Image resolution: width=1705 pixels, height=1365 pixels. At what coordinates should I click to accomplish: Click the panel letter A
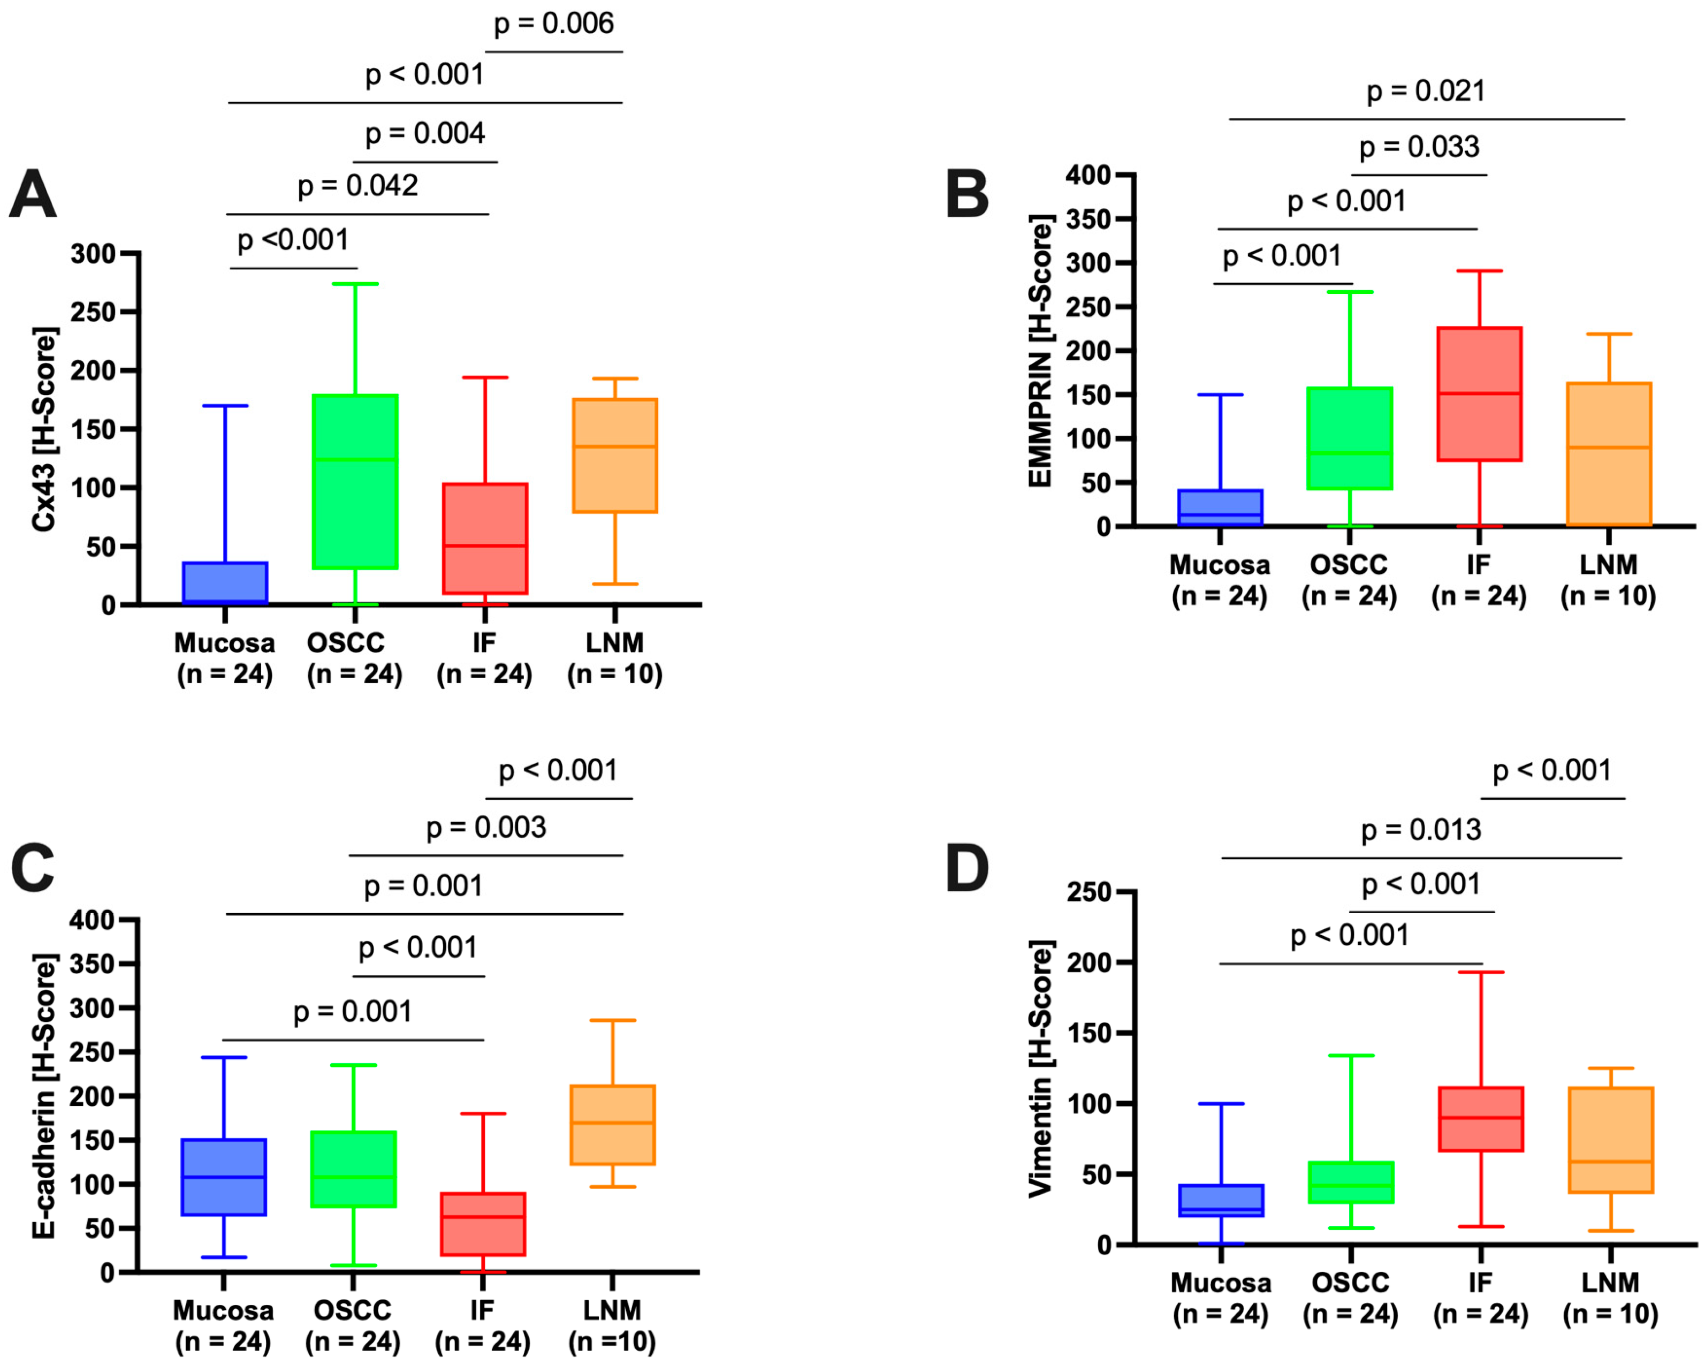coord(33,194)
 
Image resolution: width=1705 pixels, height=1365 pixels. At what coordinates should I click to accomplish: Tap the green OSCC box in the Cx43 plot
coord(355,482)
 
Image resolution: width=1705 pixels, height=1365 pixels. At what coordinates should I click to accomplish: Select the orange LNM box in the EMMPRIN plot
coord(1609,454)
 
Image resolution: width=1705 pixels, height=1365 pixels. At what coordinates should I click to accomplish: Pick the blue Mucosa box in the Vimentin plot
coord(1221,1201)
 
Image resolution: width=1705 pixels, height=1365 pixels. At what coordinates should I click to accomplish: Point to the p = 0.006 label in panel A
coord(553,24)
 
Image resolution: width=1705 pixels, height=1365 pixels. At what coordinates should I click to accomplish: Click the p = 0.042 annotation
coord(357,186)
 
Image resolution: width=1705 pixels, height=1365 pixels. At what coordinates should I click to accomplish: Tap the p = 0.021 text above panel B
coord(1426,91)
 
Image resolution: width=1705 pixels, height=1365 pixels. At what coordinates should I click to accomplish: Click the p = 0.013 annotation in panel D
coord(1420,830)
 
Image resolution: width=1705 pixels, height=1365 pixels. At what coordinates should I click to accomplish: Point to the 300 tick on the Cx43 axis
coord(93,254)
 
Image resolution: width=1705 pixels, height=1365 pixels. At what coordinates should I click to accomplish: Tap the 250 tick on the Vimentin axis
coord(1089,892)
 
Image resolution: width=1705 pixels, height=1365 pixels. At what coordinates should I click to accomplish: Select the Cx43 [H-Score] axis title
coord(44,429)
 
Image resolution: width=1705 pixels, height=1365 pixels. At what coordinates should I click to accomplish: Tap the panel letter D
coord(967,868)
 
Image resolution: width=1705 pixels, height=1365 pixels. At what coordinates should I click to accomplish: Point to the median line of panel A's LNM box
coord(615,446)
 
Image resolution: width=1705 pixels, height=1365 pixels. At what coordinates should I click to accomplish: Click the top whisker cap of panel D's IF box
coord(1480,972)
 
